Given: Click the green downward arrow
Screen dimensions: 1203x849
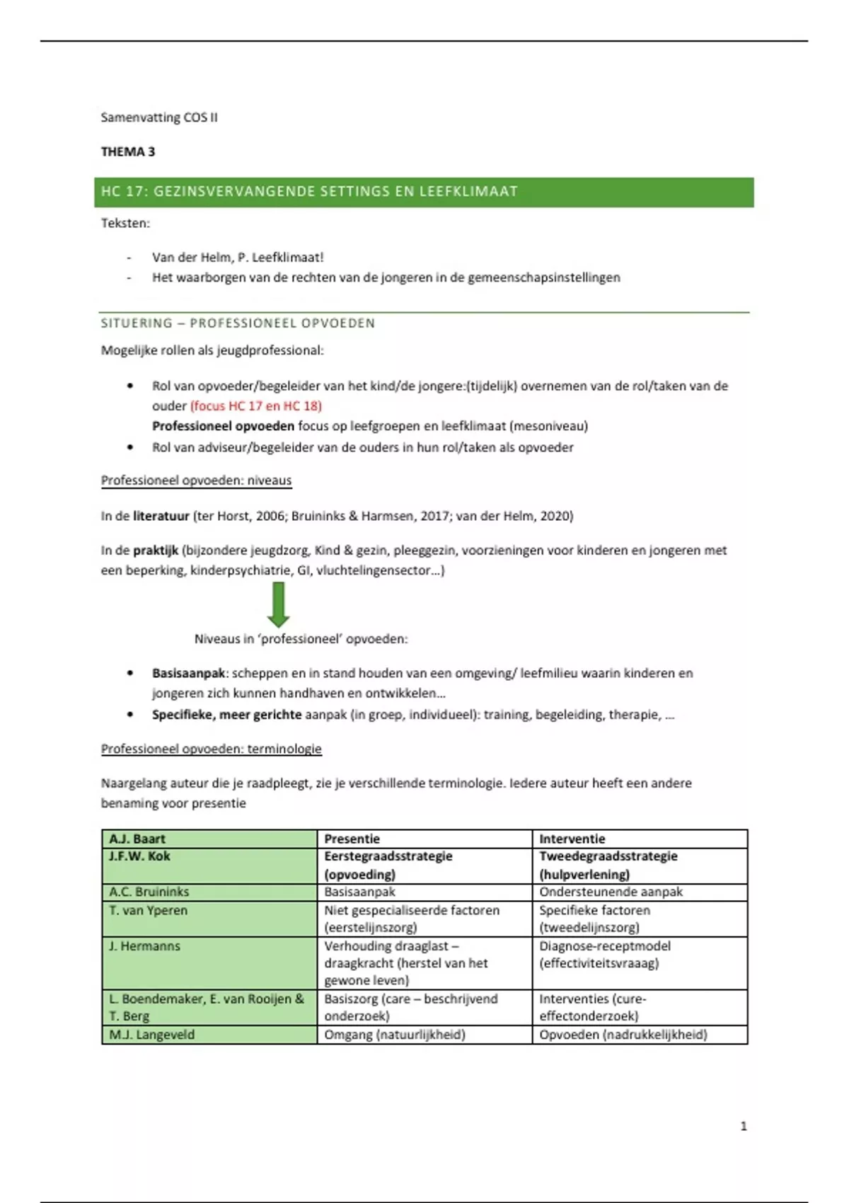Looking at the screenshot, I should pyautogui.click(x=279, y=604).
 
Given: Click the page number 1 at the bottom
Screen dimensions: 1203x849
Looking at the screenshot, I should pyautogui.click(x=743, y=1126).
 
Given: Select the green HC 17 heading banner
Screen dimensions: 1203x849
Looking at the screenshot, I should pyautogui.click(x=423, y=192).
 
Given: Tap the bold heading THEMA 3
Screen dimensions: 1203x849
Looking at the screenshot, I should pyautogui.click(x=128, y=151).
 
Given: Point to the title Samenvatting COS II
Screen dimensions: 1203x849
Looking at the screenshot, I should pyautogui.click(x=159, y=117).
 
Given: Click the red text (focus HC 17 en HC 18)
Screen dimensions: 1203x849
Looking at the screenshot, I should pyautogui.click(x=256, y=405).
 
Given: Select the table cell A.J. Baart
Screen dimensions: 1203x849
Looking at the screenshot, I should pyautogui.click(x=137, y=839).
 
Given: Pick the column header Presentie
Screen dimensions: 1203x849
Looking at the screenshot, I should pyautogui.click(x=352, y=839).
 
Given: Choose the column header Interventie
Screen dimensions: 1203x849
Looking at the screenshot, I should pyautogui.click(x=572, y=839).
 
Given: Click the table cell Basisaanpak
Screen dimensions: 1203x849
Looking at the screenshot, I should pyautogui.click(x=359, y=892).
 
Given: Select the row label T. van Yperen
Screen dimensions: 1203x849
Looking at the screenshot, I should pyautogui.click(x=149, y=910).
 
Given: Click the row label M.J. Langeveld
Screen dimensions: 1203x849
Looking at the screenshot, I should pyautogui.click(x=152, y=1035).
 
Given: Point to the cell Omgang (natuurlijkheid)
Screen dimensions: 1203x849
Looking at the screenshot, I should pyautogui.click(x=395, y=1035).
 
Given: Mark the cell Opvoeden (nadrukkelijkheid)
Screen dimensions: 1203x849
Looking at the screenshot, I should pyautogui.click(x=623, y=1035).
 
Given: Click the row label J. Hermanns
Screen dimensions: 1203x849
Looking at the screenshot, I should pyautogui.click(x=144, y=946).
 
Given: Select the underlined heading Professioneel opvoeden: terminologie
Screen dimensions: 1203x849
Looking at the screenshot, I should pyautogui.click(x=211, y=749).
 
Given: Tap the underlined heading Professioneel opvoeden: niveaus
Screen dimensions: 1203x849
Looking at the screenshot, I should pyautogui.click(x=196, y=480).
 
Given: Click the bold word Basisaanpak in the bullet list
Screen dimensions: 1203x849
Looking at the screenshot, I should pyautogui.click(x=188, y=673).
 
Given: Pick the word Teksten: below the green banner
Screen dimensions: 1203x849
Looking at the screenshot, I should pyautogui.click(x=125, y=223).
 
